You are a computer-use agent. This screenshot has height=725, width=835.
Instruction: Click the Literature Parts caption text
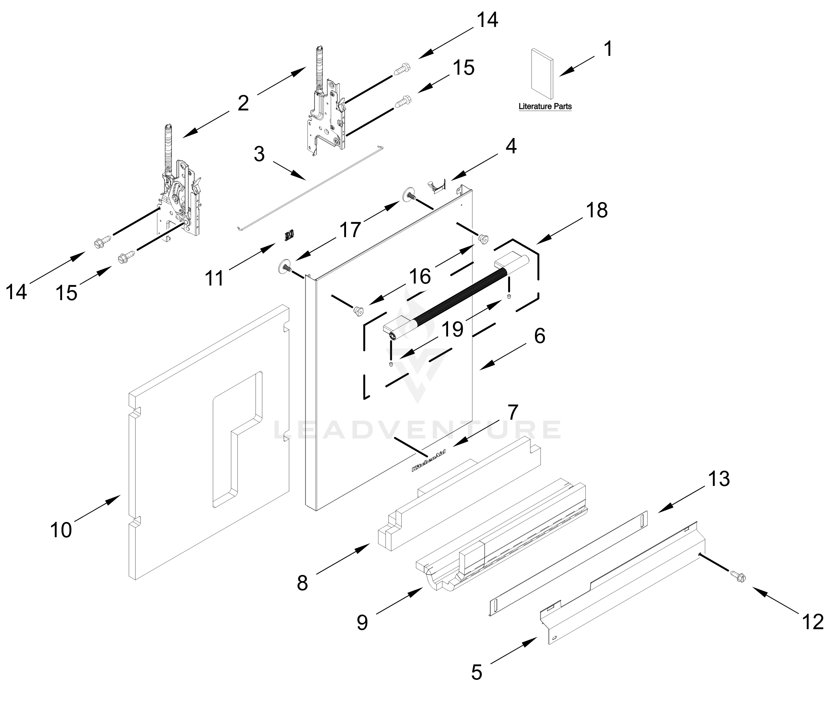point(545,107)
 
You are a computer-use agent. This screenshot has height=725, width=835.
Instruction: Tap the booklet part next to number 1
point(542,74)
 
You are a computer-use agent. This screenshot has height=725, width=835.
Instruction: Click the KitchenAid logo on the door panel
point(428,460)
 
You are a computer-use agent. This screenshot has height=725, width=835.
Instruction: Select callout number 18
point(597,210)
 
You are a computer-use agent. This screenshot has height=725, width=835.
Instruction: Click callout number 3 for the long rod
point(259,154)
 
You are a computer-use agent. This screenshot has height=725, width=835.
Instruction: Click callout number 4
point(511,146)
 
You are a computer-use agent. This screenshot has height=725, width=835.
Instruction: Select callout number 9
point(362,623)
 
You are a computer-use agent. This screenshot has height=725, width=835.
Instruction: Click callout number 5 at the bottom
point(477,672)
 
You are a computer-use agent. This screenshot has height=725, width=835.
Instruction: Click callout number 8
point(302,583)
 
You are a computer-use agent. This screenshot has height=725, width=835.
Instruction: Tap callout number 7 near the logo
point(512,412)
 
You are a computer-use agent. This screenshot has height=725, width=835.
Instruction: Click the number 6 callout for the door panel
point(540,336)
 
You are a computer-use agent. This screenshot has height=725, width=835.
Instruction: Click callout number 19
point(453,329)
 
